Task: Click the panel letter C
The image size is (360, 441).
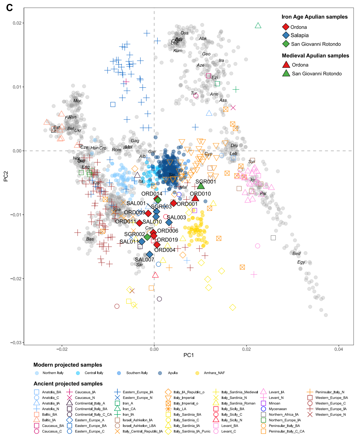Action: pyautogui.click(x=9, y=8)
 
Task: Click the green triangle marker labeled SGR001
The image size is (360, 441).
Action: pyautogui.click(x=200, y=186)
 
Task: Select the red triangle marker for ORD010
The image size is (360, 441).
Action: pyautogui.click(x=195, y=198)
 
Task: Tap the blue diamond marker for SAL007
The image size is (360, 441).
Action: pyautogui.click(x=149, y=254)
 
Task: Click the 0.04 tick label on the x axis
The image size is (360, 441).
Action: pyautogui.click(x=339, y=349)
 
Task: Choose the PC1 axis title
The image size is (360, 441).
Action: pyautogui.click(x=189, y=355)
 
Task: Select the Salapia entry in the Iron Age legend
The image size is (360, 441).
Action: pyautogui.click(x=299, y=35)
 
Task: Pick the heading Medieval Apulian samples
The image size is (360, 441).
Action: pyautogui.click(x=315, y=56)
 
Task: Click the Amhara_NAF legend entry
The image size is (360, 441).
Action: pyautogui.click(x=214, y=373)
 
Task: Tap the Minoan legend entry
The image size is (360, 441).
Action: pyautogui.click(x=274, y=403)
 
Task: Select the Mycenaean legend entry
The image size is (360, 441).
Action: pyautogui.click(x=278, y=409)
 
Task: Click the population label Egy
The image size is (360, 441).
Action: pyautogui.click(x=301, y=262)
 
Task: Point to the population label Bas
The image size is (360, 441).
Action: pyautogui.click(x=90, y=239)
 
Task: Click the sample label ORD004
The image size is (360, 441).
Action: pyautogui.click(x=165, y=250)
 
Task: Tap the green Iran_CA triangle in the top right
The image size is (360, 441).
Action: pyautogui.click(x=258, y=26)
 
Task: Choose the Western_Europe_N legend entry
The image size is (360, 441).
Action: pyautogui.click(x=330, y=415)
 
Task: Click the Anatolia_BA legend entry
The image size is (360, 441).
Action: pyautogui.click(x=52, y=392)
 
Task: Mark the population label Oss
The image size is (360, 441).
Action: pyautogui.click(x=184, y=33)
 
